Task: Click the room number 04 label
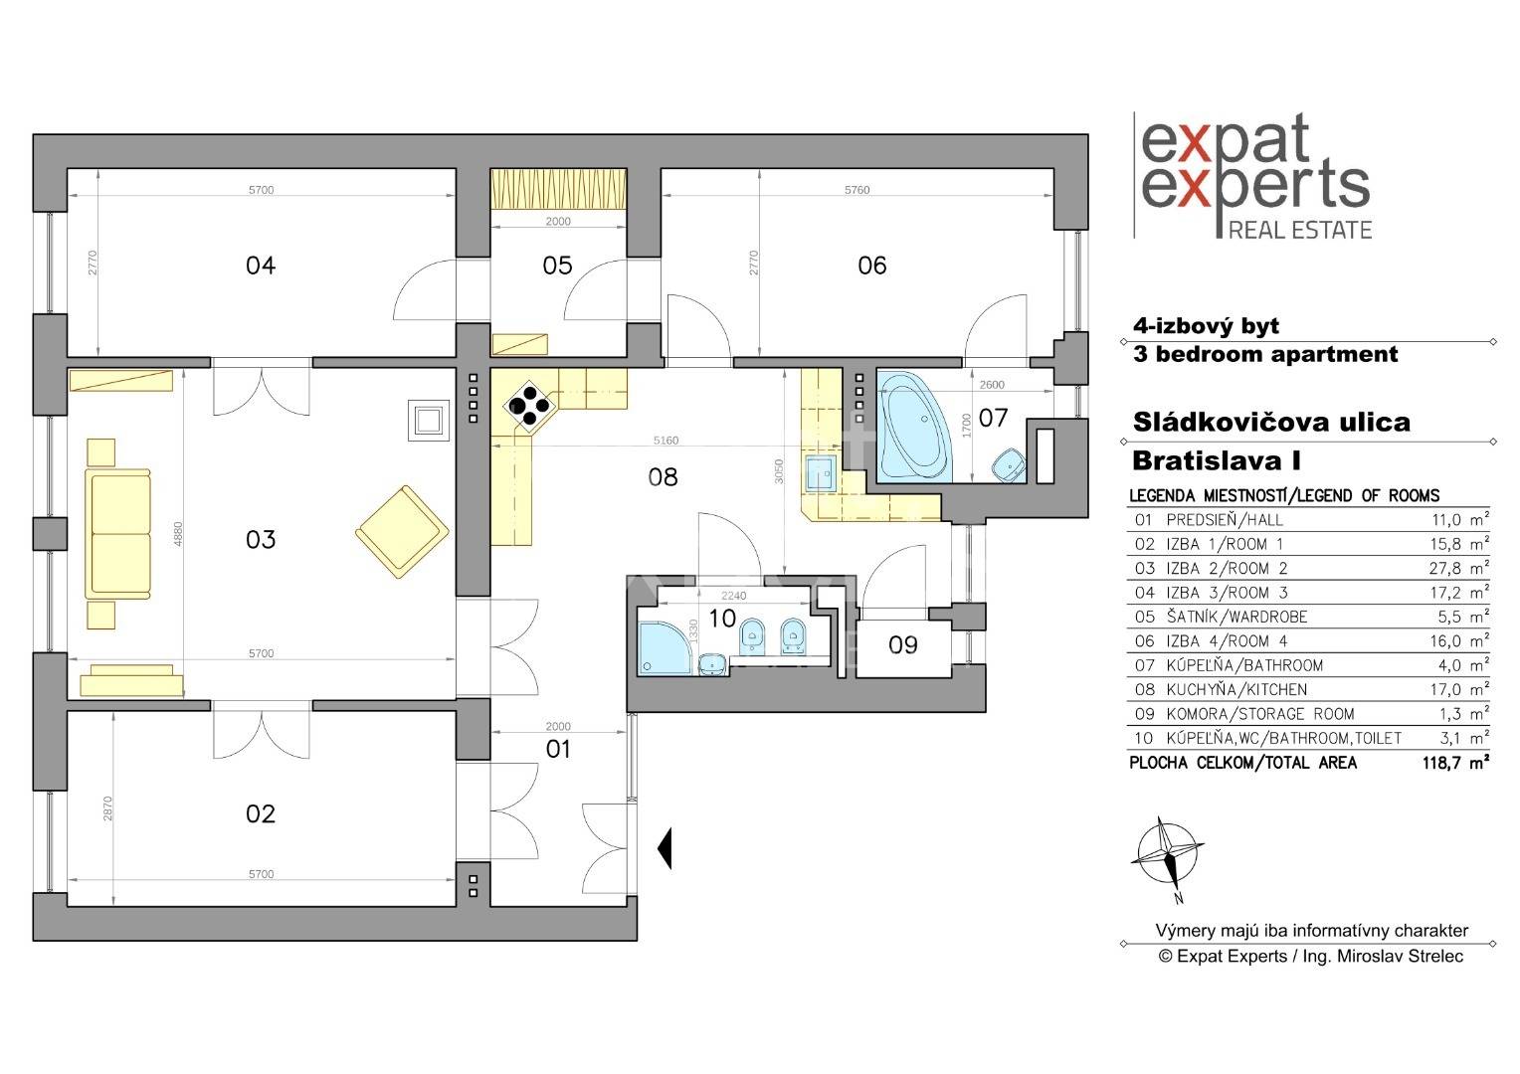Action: tap(261, 266)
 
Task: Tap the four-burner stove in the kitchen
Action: tap(530, 406)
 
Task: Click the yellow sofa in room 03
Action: tap(118, 534)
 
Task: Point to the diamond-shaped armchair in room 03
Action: tap(402, 531)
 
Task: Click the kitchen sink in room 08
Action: tap(820, 473)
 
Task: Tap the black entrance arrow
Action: tap(665, 848)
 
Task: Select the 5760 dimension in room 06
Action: tap(856, 190)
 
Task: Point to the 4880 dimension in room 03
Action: tap(178, 533)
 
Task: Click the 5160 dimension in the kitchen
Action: tap(665, 441)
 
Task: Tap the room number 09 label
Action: tap(902, 644)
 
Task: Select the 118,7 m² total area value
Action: tap(1455, 763)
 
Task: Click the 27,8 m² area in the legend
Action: tap(1459, 568)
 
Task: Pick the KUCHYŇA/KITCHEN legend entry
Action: tap(1236, 689)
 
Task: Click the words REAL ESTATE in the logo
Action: tap(1300, 230)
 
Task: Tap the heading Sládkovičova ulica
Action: tap(1271, 422)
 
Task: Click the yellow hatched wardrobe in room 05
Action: tap(558, 189)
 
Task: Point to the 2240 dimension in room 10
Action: tap(733, 596)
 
